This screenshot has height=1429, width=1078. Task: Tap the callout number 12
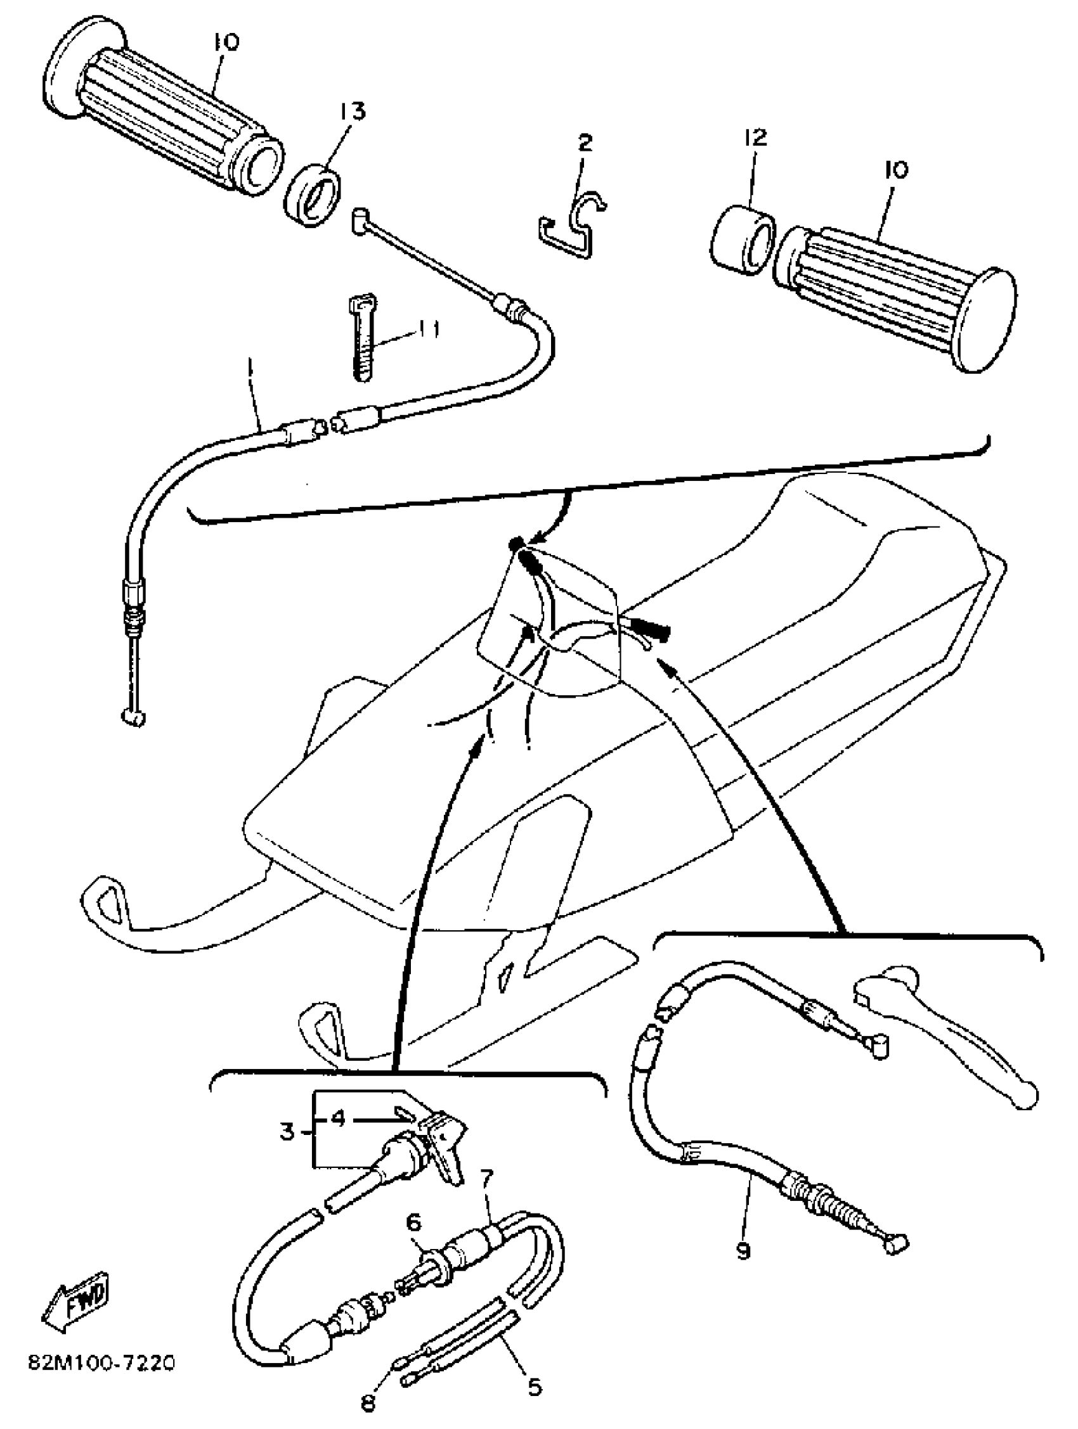(x=755, y=137)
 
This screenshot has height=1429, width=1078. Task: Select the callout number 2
(x=584, y=142)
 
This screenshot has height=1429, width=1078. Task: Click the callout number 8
(x=368, y=1403)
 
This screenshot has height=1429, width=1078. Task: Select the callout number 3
(x=288, y=1131)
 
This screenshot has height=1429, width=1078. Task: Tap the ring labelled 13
(x=313, y=196)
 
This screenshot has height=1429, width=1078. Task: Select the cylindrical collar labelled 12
(x=742, y=240)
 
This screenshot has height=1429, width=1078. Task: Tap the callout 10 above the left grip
(x=226, y=42)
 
